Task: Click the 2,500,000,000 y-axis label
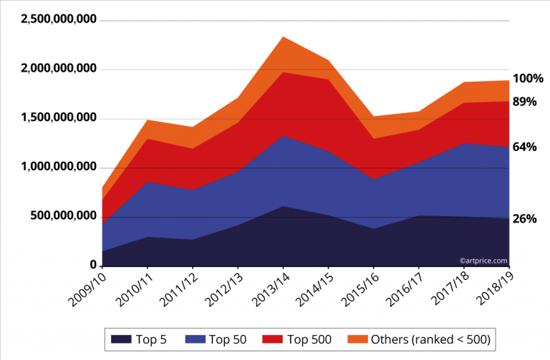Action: point(59,20)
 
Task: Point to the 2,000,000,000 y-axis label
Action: point(59,69)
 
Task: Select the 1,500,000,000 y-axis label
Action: point(59,117)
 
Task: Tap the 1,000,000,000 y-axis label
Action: point(59,167)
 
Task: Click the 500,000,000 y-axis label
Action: point(63,215)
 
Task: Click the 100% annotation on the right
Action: point(528,79)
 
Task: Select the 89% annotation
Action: point(524,102)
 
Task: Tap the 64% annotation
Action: point(524,147)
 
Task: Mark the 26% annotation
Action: point(524,219)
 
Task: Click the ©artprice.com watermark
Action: point(484,261)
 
